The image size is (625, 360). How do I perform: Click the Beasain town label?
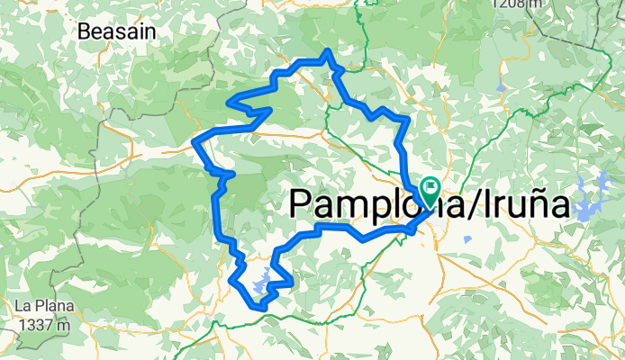[x=117, y=31]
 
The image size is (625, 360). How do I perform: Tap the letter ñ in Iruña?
[x=537, y=205]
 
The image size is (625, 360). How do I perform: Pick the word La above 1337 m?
[x=21, y=306]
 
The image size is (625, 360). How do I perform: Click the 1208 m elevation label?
[x=518, y=4]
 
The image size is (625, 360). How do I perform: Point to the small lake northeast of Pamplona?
[x=498, y=87]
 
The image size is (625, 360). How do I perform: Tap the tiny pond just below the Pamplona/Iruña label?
[x=468, y=240]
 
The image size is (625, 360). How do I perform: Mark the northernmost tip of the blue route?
[x=329, y=52]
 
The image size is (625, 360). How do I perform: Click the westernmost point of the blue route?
[x=197, y=142]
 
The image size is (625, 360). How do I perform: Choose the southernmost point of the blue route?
[x=262, y=307]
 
